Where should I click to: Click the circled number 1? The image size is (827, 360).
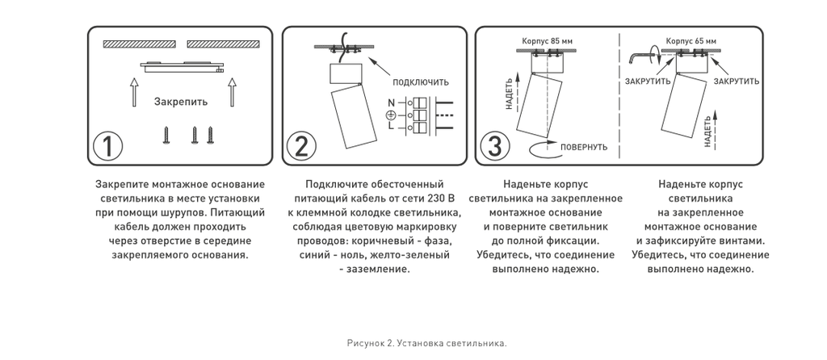(x=108, y=148)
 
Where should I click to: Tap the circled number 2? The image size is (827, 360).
(x=300, y=148)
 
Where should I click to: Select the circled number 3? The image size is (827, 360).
(x=493, y=148)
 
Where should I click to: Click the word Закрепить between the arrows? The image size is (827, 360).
(x=181, y=103)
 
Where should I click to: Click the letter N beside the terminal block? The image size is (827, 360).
(x=391, y=104)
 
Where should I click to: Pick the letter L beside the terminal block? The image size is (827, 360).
(x=391, y=126)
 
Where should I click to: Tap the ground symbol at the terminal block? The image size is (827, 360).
(x=391, y=115)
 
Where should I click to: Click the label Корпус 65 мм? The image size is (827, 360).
(x=691, y=40)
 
